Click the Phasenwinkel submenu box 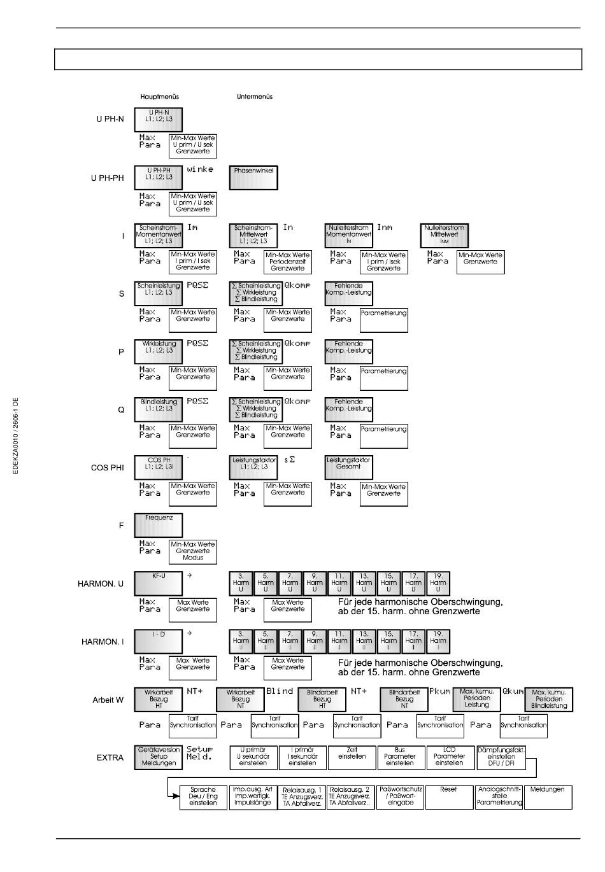coord(253,178)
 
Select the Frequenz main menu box coord(159,525)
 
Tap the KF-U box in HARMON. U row coord(159,583)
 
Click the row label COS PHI coord(108,468)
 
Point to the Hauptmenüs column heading coord(159,97)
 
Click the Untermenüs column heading coord(254,97)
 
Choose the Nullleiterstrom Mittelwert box coord(445,235)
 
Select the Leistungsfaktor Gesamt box coord(348,467)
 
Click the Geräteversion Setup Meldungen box coord(159,757)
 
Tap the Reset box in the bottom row coord(448,796)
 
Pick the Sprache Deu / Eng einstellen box coord(203,796)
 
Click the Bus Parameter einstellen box coord(400,757)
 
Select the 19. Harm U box coord(438,583)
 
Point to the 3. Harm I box coord(241,641)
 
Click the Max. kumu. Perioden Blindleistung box coord(549,699)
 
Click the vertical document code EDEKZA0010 coord(16,435)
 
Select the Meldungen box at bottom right coord(548,796)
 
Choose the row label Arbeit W coord(108,700)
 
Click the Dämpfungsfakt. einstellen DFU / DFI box coord(501,757)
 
